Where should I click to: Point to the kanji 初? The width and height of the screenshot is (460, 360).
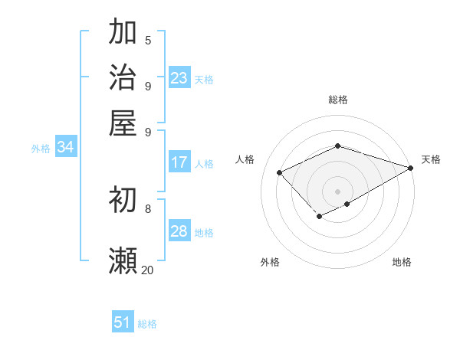point(123,201)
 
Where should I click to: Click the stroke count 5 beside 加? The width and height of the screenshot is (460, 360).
point(148,40)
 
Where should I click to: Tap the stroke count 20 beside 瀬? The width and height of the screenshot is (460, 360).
point(147,270)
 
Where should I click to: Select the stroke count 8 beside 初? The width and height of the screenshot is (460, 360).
point(148,208)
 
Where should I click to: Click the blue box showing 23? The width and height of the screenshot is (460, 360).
point(179,77)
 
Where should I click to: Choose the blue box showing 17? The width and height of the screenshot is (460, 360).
point(179,162)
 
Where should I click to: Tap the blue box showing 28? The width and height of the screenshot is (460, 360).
point(179,231)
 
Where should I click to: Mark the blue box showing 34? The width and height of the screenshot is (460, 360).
point(65,147)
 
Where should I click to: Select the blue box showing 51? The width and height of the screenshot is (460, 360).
point(123,322)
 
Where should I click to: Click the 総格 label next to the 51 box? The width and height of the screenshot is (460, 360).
point(147,324)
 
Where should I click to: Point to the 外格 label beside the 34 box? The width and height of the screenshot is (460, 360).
point(41,149)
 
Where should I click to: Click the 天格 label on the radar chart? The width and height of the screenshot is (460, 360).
point(431,159)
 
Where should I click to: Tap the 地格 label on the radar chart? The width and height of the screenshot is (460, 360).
point(402,263)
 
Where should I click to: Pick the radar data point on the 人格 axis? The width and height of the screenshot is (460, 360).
point(280,172)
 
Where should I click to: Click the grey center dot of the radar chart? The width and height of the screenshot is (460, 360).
point(337,191)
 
